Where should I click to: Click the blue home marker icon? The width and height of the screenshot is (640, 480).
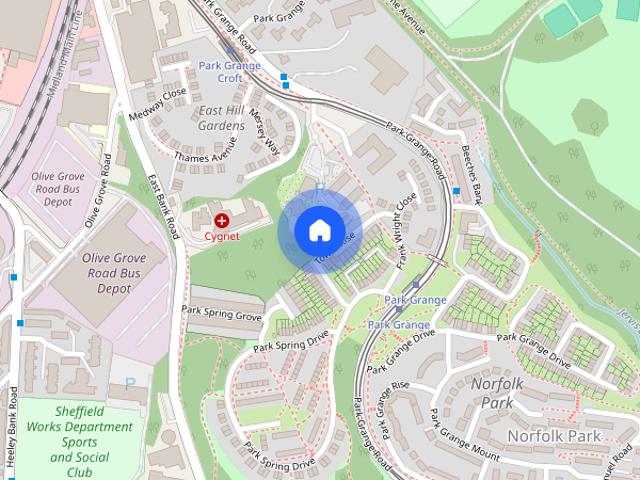[x=319, y=231]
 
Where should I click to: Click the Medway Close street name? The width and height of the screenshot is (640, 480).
[x=158, y=105]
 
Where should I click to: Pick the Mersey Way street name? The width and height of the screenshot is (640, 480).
[x=265, y=127]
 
